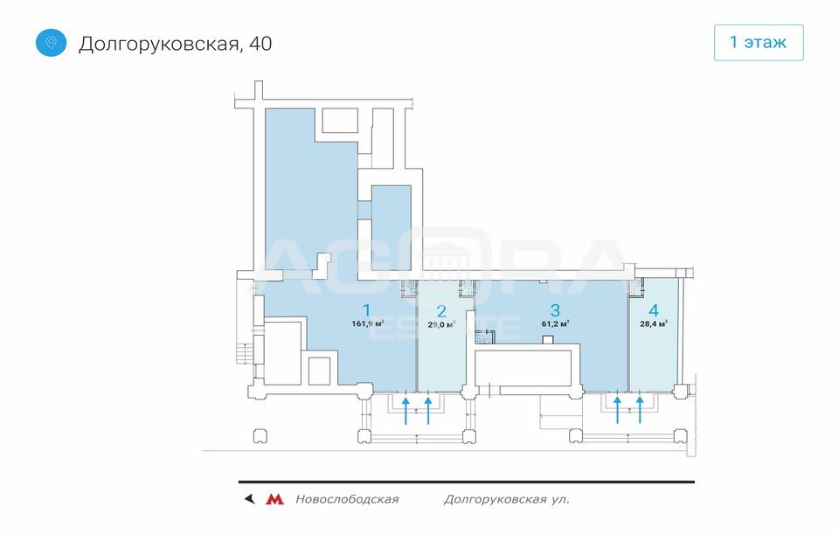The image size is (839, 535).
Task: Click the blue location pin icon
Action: tap(51, 43)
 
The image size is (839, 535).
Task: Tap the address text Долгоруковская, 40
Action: tap(176, 44)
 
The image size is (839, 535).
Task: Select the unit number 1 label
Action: tap(366, 309)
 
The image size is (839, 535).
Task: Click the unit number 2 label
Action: tap(441, 311)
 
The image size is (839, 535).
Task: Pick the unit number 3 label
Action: tap(555, 309)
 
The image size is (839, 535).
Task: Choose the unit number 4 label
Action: tap(654, 309)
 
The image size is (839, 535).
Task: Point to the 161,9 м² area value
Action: tap(368, 323)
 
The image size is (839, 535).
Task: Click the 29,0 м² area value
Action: tap(441, 324)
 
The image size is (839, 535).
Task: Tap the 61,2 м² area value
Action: tap(555, 323)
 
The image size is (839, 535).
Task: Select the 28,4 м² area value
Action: tap(654, 323)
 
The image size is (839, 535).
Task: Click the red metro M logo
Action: tap(275, 499)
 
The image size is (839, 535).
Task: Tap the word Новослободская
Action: tap(347, 499)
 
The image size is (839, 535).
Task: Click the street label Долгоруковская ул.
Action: tap(507, 500)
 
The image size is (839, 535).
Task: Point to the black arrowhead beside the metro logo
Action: tap(249, 499)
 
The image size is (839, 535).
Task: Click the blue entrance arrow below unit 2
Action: tap(428, 410)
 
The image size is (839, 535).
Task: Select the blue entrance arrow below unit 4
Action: tap(640, 410)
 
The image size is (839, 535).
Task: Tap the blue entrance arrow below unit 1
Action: tap(406, 410)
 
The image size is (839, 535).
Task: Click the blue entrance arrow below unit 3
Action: tap(618, 410)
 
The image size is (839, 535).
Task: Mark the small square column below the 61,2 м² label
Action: tap(547, 340)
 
